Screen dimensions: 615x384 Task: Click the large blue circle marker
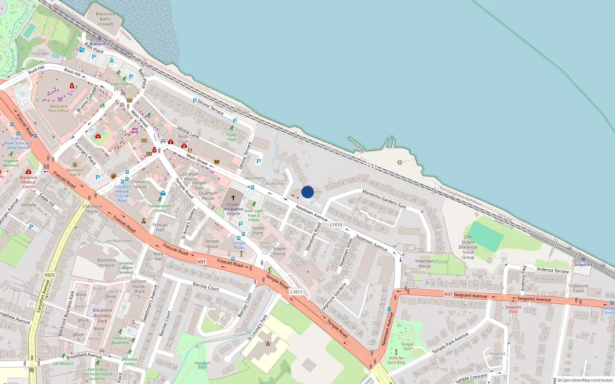tap(307, 192)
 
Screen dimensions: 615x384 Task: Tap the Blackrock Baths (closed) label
tap(105, 19)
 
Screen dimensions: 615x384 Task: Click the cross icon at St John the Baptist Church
tap(233, 198)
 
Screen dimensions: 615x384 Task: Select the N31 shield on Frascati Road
tap(201, 262)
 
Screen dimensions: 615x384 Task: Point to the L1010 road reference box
tap(336, 225)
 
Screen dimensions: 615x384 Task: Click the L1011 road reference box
tap(296, 292)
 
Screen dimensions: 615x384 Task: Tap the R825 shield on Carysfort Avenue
tap(50, 275)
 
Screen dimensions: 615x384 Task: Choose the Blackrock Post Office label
tap(58, 109)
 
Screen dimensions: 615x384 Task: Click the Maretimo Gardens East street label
tap(384, 199)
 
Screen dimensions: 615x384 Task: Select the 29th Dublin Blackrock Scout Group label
tap(468, 247)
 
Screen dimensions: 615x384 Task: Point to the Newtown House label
tap(424, 263)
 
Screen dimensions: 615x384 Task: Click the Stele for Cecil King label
tap(396, 360)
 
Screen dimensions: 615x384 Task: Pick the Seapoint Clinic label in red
tap(513, 309)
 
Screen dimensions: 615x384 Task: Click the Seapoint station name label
tap(583, 265)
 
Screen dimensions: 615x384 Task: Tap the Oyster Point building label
tap(258, 230)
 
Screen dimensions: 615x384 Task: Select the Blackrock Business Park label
tap(102, 316)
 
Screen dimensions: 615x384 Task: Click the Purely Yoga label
tap(231, 137)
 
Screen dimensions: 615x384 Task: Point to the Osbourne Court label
tap(578, 288)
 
